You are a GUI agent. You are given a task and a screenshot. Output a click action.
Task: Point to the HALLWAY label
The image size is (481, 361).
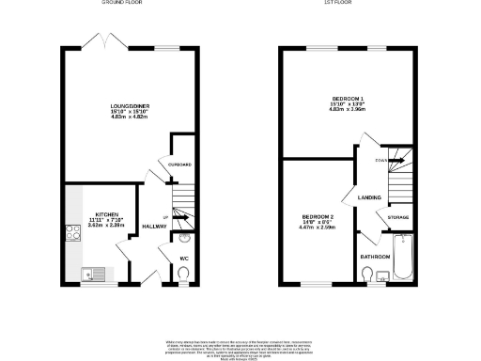(154, 227)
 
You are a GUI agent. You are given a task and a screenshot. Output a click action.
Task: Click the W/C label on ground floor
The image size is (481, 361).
(184, 258)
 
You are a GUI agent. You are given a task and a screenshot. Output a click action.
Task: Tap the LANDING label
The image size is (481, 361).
(368, 196)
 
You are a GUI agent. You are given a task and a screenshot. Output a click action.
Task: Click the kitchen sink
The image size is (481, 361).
(89, 275)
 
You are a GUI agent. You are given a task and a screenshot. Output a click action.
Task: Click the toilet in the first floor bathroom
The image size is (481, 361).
(367, 275)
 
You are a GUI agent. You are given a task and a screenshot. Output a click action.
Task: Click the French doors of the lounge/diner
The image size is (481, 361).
(96, 41)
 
